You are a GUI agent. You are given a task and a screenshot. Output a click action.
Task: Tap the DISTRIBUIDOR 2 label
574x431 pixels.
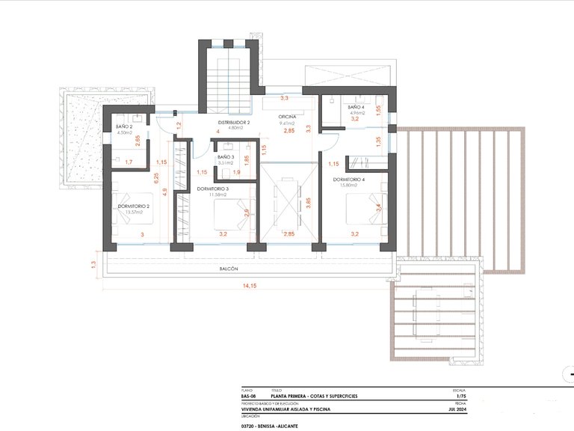234,122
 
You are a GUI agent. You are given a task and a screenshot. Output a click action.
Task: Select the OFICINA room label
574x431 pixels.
288,117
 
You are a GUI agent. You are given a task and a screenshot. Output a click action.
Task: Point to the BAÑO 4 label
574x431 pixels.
356,108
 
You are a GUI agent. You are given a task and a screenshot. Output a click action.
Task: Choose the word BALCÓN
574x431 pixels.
229,268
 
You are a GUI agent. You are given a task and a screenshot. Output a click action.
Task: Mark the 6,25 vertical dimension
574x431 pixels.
155,178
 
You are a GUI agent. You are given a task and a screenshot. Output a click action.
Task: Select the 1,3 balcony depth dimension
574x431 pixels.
93,263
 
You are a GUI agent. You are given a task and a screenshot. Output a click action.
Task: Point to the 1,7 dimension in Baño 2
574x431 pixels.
129,162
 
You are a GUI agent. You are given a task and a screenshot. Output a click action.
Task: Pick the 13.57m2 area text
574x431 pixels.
134,212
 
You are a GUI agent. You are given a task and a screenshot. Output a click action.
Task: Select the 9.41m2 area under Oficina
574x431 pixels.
288,124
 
